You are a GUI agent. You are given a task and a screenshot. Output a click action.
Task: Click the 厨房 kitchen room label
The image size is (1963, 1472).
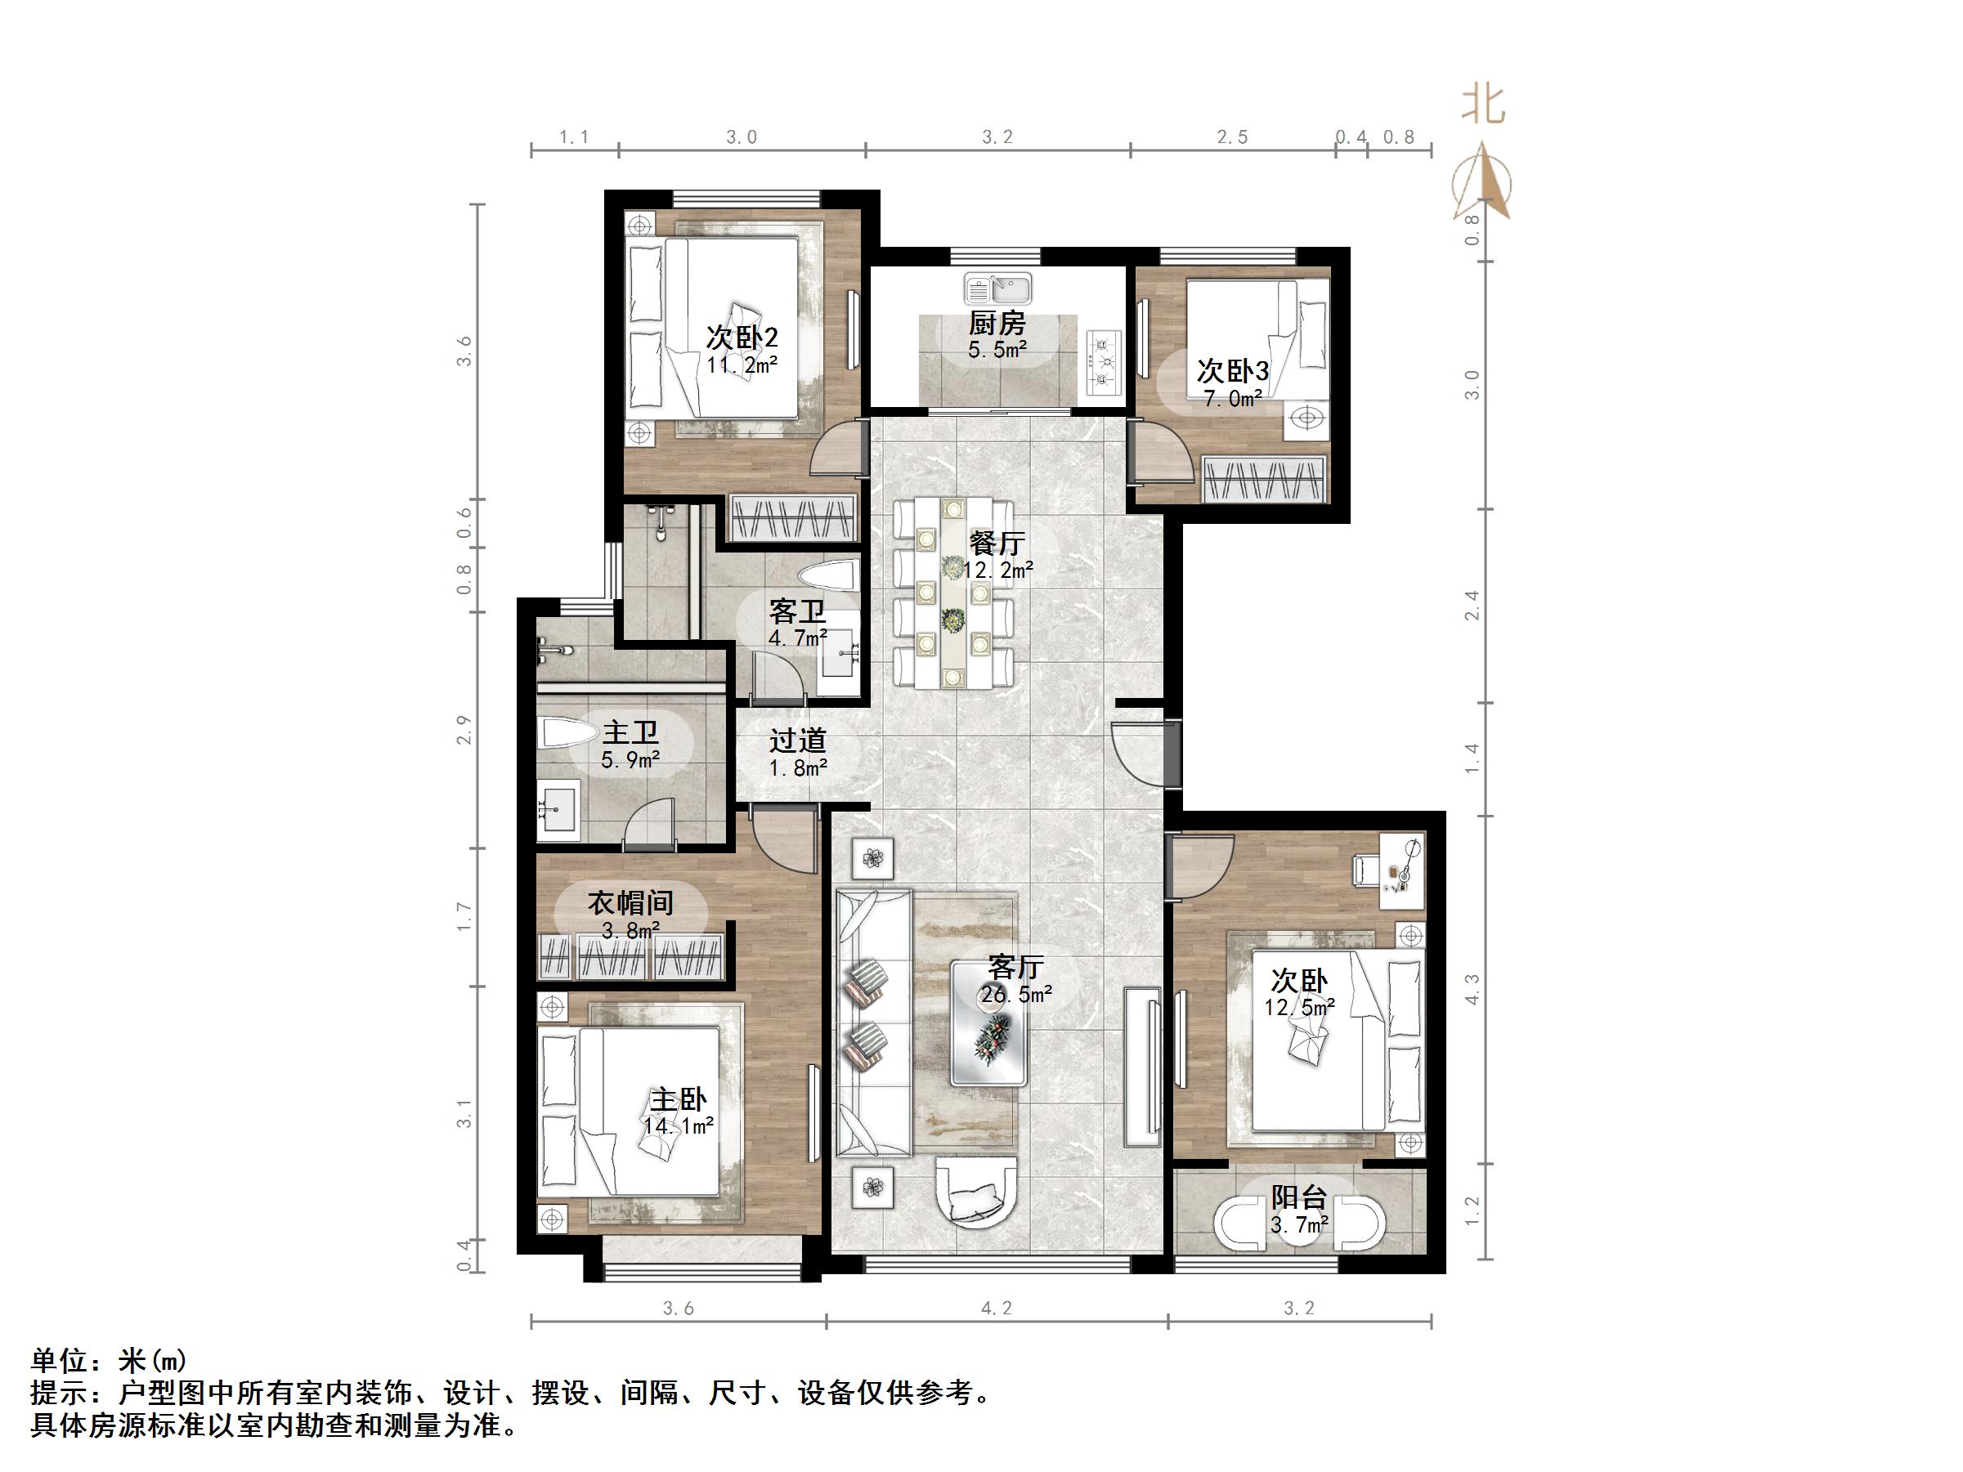(997, 324)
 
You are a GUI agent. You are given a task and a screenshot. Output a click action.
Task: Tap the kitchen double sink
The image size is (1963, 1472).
(998, 289)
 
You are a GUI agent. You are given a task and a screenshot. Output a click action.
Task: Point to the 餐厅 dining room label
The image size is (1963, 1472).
(997, 543)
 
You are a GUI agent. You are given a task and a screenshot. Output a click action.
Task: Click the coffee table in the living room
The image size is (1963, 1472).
(988, 1023)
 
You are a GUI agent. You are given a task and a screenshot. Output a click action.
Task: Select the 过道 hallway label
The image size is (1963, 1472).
(797, 740)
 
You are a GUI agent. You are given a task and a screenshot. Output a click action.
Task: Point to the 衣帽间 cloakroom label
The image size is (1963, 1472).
(630, 903)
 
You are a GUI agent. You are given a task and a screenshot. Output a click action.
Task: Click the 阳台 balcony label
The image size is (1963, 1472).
(1298, 1198)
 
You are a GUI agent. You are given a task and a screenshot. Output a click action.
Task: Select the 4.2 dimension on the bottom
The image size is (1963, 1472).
(996, 1308)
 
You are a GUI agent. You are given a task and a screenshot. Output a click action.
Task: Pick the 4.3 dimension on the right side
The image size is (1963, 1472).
(1472, 989)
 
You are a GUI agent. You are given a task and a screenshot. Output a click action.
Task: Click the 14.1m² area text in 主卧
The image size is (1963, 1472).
(679, 1127)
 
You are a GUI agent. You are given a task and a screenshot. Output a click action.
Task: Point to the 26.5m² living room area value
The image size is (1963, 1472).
(1016, 995)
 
